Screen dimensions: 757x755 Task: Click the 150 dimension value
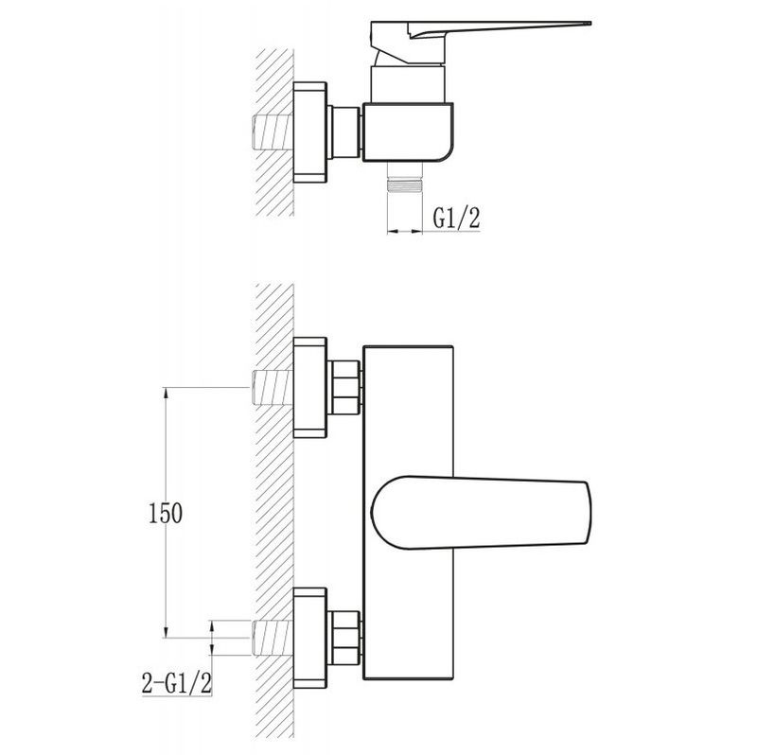coord(165,513)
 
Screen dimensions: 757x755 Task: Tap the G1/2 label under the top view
coord(456,218)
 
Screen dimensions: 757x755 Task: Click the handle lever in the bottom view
coord(481,513)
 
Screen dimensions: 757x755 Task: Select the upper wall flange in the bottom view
coord(310,388)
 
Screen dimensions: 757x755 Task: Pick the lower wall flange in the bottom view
coord(310,639)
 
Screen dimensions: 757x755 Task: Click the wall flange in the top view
coord(310,132)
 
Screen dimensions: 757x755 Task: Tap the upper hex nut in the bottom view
coord(344,388)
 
